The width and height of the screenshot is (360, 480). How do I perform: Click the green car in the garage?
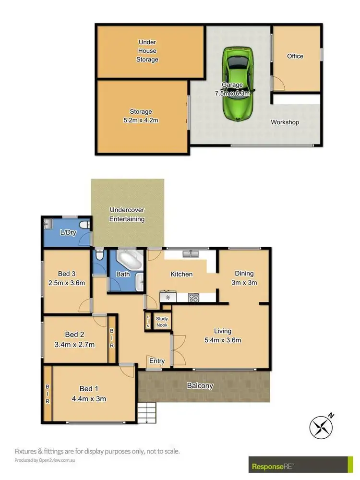(238, 84)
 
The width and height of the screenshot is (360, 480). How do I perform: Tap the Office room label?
(295, 56)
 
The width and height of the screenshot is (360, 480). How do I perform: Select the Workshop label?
(285, 122)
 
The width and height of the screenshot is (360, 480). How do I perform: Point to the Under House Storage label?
(147, 51)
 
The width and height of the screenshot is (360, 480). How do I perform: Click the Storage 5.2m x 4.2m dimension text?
(141, 120)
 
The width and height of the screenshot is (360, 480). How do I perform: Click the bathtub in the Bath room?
(129, 260)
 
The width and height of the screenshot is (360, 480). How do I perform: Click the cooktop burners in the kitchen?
(193, 298)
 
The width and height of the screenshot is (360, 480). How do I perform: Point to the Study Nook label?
(162, 322)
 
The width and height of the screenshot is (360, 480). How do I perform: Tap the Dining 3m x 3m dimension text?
(244, 283)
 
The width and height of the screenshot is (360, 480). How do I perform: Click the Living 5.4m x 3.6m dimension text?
(223, 341)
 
